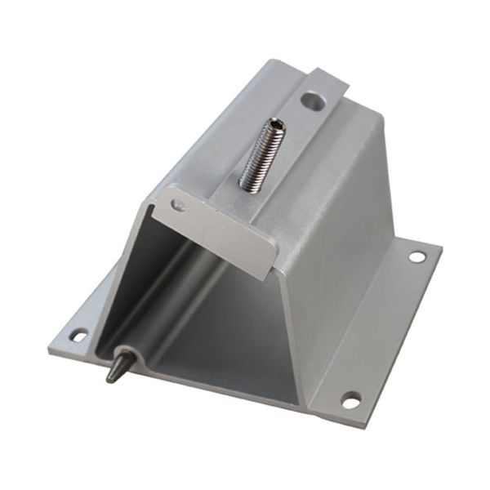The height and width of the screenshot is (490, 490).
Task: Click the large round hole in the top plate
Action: coord(310,101)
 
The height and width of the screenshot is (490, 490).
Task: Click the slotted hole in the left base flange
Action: coord(79,334)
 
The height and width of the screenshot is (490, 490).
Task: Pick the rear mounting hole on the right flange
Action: coord(416,256)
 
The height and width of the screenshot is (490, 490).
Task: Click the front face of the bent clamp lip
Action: coord(216,233)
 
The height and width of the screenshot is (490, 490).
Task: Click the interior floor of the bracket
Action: coord(229,351)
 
